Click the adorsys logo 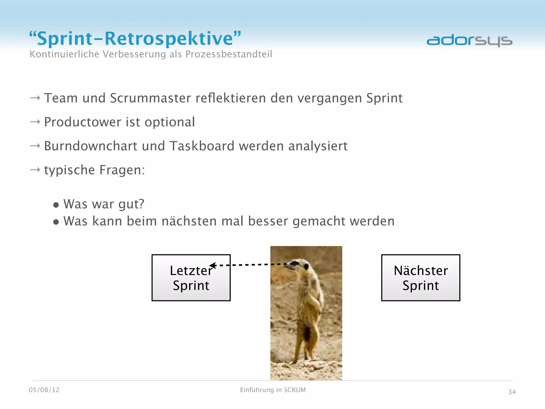(x=469, y=41)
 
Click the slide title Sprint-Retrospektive (x=135, y=39)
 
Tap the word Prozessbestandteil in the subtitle (x=229, y=54)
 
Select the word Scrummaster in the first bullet (x=151, y=98)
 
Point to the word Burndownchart (x=91, y=146)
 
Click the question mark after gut (x=141, y=204)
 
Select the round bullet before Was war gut (x=56, y=205)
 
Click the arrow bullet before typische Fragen (x=35, y=170)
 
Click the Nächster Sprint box (x=420, y=278)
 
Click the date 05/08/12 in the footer (x=44, y=390)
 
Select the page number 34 (x=512, y=392)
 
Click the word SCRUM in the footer (x=295, y=390)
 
